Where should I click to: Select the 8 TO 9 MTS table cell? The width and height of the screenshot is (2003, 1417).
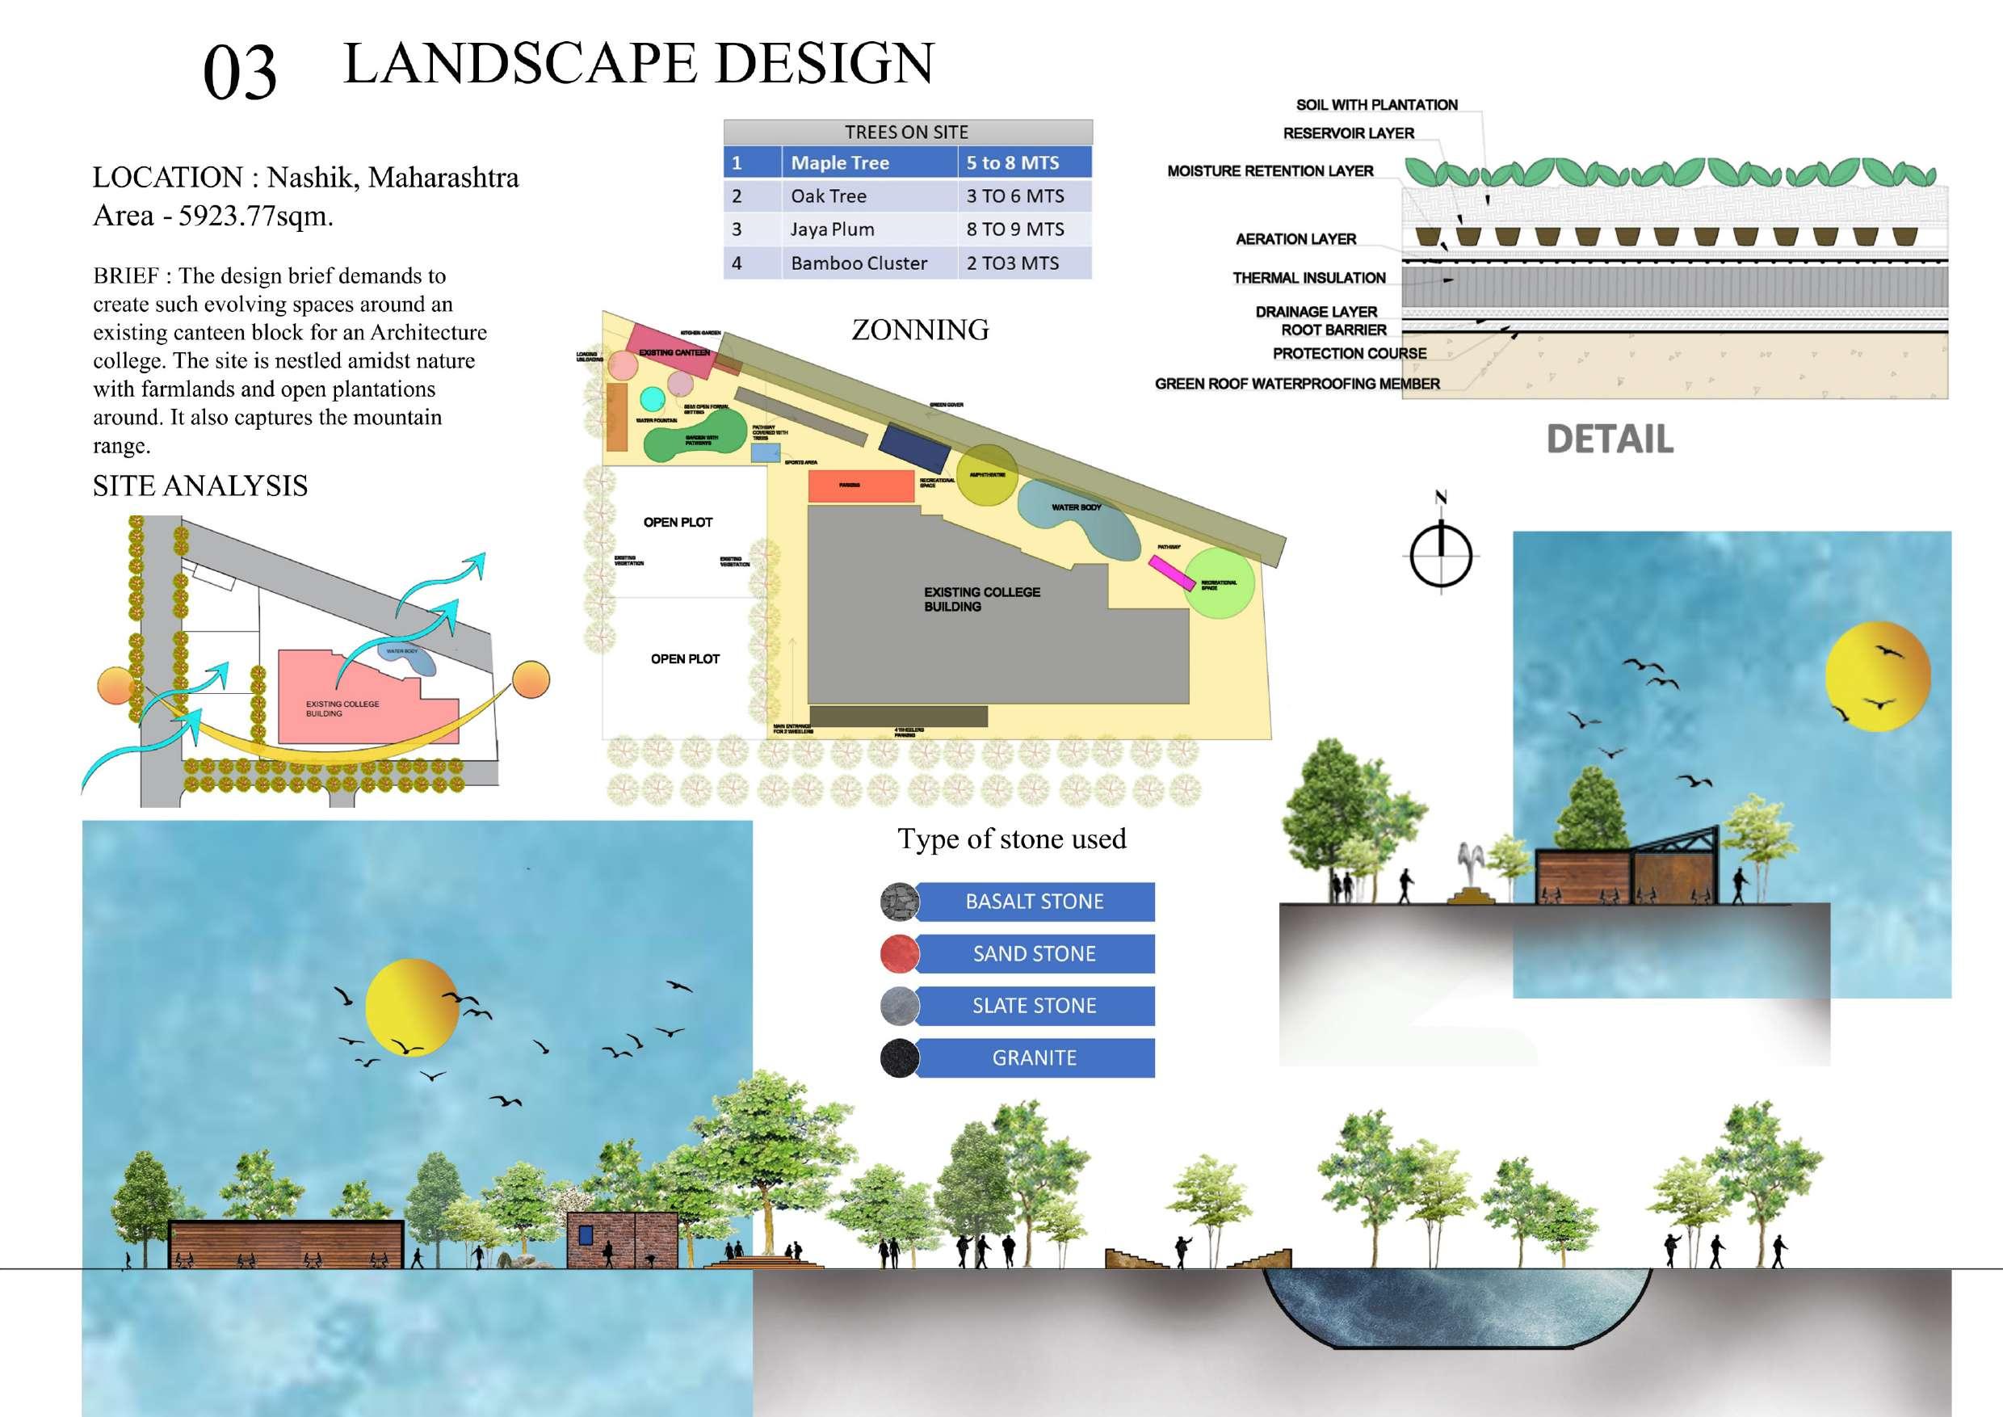point(1014,229)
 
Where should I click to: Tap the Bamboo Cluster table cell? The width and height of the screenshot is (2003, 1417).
point(859,263)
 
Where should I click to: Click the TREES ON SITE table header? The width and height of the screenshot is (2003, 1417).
point(906,132)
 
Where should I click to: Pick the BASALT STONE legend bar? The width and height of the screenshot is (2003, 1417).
point(1034,902)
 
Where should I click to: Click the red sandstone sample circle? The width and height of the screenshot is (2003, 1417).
point(900,953)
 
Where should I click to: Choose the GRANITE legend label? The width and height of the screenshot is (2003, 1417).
point(1034,1057)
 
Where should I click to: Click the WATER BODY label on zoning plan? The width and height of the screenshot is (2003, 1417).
point(1076,507)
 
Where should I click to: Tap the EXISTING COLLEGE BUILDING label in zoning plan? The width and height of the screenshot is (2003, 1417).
point(981,599)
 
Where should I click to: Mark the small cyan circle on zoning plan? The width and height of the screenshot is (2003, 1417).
point(652,399)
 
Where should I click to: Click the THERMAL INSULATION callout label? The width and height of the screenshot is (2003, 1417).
point(1308,277)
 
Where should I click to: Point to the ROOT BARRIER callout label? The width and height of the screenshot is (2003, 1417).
point(1333,330)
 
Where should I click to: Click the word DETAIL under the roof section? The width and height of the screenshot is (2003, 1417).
point(1610,439)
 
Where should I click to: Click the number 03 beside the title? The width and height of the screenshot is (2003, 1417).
point(239,73)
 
